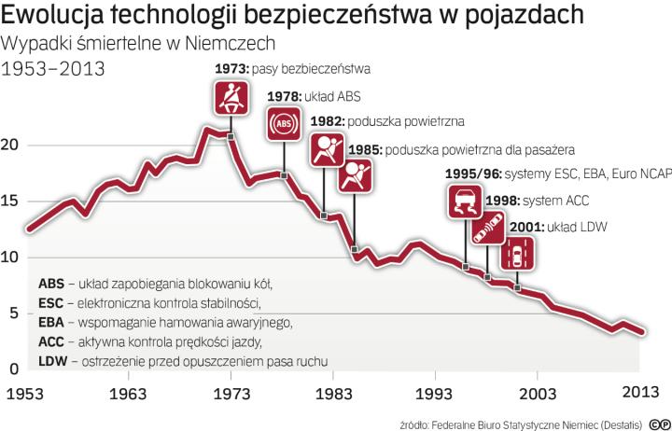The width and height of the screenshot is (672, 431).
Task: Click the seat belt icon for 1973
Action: click(230, 98)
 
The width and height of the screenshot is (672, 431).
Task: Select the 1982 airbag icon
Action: click(324, 149)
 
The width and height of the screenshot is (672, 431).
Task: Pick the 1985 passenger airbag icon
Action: click(355, 175)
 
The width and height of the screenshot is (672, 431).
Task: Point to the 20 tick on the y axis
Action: click(10, 146)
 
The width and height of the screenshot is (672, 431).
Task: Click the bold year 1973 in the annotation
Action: click(230, 69)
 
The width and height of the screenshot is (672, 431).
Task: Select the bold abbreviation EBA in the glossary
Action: click(51, 322)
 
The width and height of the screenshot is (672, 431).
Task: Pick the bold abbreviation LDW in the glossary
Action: click(52, 361)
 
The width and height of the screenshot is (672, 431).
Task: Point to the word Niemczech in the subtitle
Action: click(252, 45)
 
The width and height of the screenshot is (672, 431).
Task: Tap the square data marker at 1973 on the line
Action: click(230, 137)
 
